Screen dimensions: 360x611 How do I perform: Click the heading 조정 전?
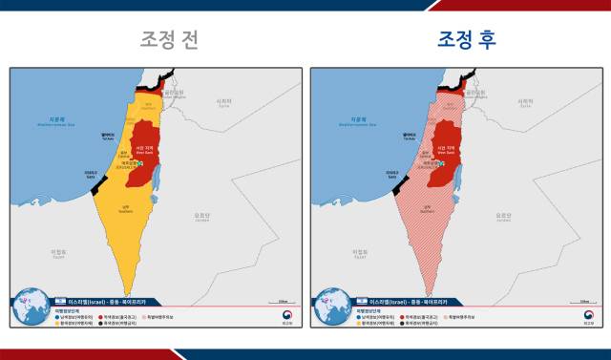click(x=169, y=39)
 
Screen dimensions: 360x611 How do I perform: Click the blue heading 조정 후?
click(x=467, y=39)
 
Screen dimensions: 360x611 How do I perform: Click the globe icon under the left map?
click(x=30, y=307)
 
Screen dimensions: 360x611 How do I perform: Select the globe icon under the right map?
click(x=330, y=307)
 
